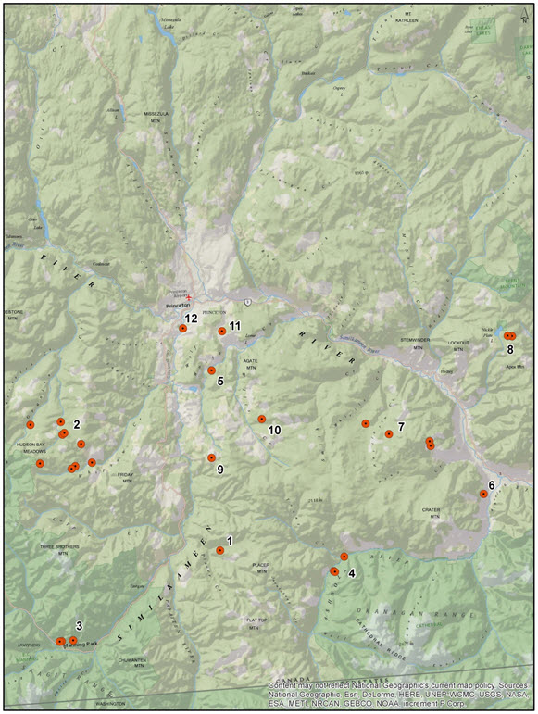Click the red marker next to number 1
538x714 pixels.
pos(219,550)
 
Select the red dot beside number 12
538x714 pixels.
pos(182,329)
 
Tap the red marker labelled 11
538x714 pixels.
pos(222,331)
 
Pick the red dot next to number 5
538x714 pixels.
pos(211,370)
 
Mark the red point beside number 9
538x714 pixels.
pos(211,457)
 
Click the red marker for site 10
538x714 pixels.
pos(262,419)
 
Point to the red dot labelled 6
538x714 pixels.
pos(483,495)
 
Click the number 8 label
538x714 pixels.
pos(510,349)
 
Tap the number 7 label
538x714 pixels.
pos(401,426)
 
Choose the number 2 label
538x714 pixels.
pos(76,424)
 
